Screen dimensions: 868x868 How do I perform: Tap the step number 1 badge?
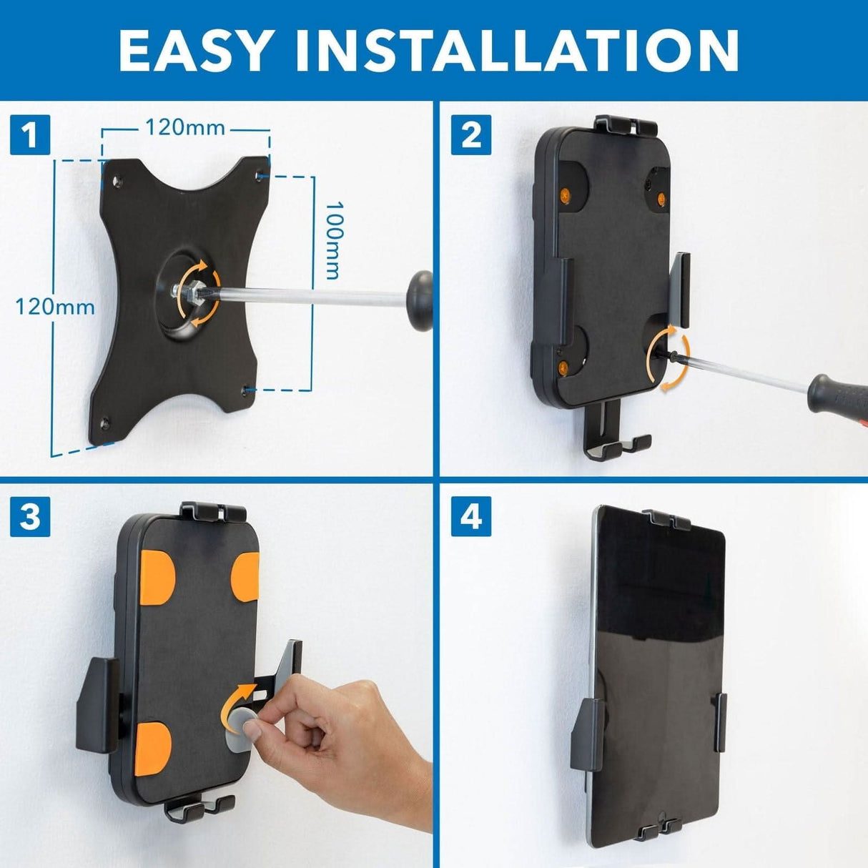30,135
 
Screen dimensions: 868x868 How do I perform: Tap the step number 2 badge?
471,135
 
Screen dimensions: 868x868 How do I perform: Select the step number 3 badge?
30,517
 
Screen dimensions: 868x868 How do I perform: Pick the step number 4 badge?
471,517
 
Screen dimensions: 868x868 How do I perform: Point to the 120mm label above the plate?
185,128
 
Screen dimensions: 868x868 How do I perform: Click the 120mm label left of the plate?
55,307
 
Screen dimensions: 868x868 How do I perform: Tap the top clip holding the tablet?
666,519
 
